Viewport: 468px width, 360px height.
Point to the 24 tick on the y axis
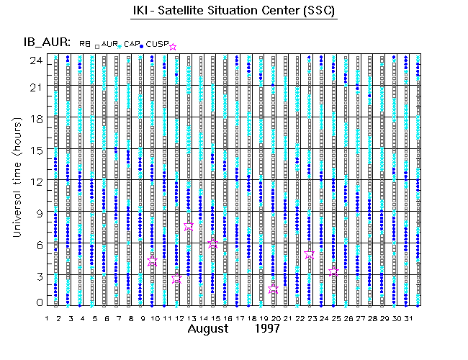35,60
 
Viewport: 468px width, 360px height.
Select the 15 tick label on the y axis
35,150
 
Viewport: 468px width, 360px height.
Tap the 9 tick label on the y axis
37,212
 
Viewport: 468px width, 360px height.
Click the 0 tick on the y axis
37,303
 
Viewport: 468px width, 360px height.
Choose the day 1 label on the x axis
47,318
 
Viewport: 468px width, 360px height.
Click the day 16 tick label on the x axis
226,318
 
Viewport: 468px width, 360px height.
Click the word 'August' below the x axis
212,329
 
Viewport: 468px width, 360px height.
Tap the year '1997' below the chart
268,329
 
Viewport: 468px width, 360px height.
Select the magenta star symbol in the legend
172,47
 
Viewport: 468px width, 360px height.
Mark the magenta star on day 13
189,226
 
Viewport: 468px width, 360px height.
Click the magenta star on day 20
273,289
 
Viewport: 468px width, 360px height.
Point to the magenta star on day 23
310,255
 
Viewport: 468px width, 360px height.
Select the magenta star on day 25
333,271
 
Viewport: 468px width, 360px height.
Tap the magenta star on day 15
213,244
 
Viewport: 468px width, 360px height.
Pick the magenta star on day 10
153,261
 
